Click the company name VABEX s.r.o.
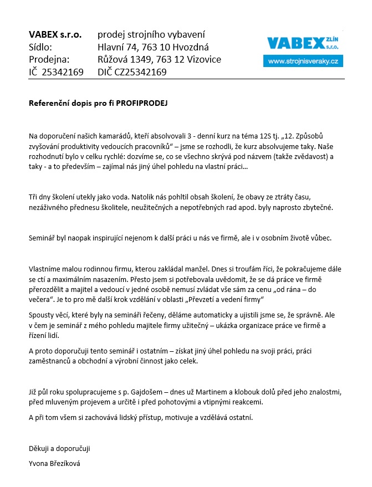(x=55, y=35)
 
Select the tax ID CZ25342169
(x=141, y=72)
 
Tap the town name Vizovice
(x=202, y=59)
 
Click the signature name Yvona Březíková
(x=54, y=463)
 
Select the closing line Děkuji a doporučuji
(x=59, y=448)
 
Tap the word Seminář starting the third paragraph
(x=41, y=238)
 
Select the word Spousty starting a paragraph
(x=42, y=315)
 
